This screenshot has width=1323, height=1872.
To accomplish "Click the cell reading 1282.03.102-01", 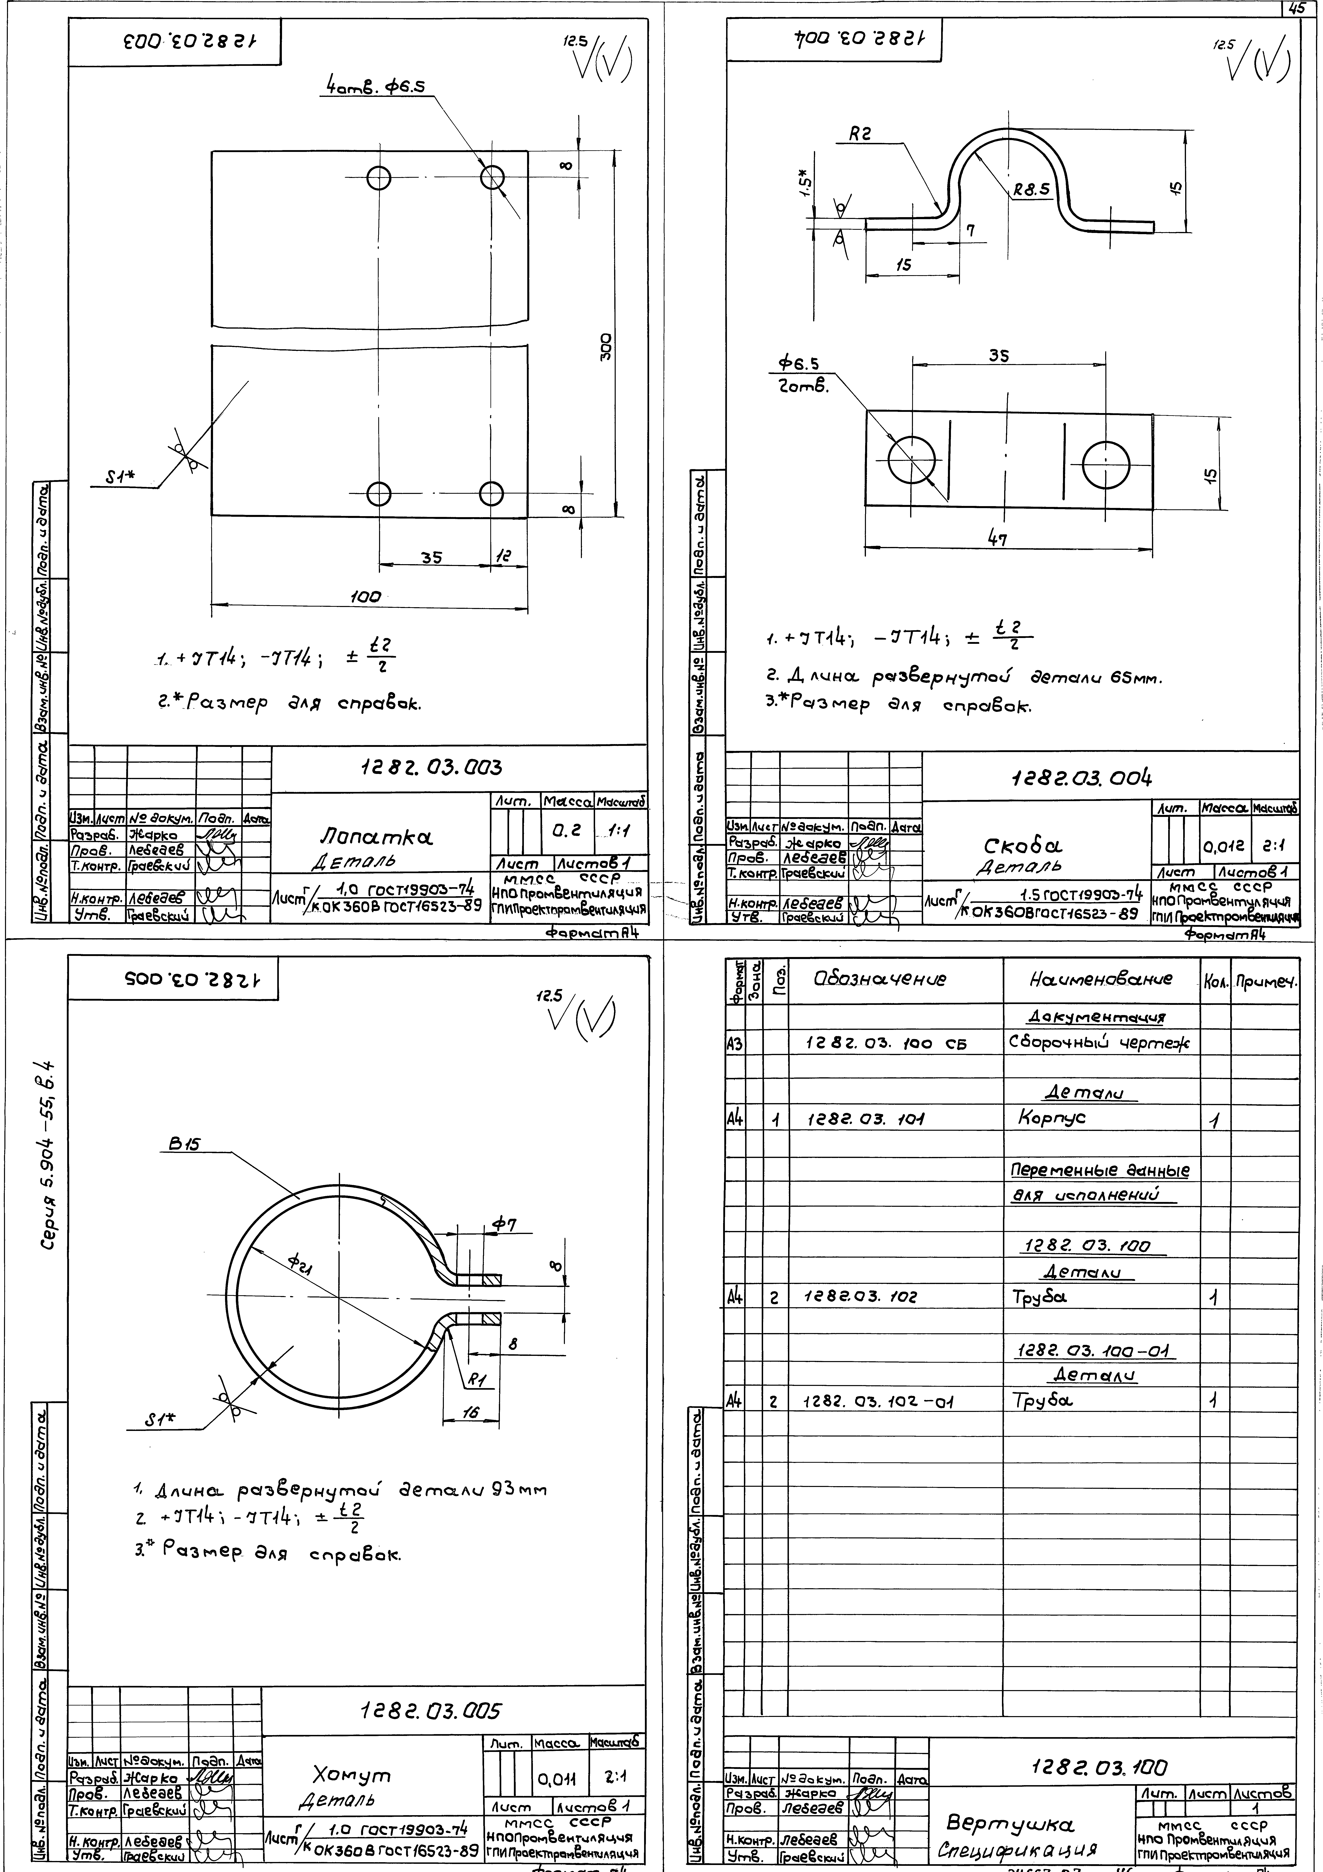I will pyautogui.click(x=879, y=1401).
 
